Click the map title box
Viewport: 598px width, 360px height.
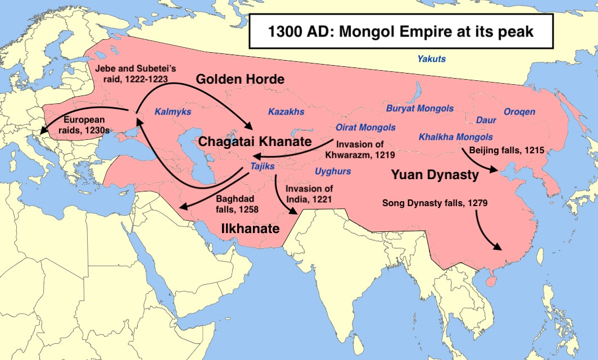(x=401, y=31)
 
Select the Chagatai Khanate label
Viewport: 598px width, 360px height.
(x=254, y=142)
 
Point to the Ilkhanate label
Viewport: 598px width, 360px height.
(x=250, y=229)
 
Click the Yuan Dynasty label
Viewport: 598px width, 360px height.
(x=435, y=175)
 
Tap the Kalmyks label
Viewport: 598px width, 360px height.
(x=173, y=112)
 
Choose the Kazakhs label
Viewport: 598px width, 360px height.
(x=286, y=112)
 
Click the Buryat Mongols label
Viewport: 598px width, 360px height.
(x=420, y=108)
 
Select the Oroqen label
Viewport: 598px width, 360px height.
(x=519, y=112)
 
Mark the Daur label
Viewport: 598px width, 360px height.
(x=486, y=120)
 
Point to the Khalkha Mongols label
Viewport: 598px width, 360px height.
(x=456, y=136)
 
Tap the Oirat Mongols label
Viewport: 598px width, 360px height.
(x=365, y=127)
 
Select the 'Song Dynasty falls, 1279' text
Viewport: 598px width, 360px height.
(x=431, y=203)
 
